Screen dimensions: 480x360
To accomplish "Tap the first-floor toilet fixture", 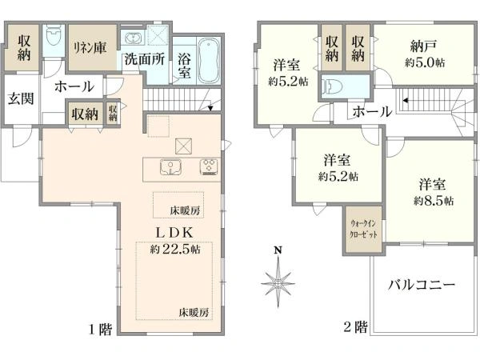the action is point(54,35).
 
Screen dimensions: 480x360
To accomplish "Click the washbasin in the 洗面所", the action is point(134,38).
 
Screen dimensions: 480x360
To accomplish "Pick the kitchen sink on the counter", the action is point(170,167).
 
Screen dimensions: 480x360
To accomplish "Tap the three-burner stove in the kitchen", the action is point(210,167).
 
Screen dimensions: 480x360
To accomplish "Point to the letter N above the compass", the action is point(278,250).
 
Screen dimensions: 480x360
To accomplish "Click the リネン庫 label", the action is point(90,48).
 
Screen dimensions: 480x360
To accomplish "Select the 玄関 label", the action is point(21,98).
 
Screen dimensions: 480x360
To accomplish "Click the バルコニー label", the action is point(422,285).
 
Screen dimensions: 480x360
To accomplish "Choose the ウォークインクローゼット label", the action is point(363,229).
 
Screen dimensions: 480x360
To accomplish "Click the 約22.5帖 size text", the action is point(175,250).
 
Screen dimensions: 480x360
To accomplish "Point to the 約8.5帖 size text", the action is point(434,201).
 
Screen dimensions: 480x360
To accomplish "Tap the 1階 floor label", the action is point(100,330).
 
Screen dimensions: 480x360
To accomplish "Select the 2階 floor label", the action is point(355,327).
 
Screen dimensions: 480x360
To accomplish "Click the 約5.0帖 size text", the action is point(425,62).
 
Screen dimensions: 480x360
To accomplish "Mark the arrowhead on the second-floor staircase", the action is point(406,101).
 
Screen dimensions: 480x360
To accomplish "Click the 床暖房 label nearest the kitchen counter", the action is point(185,210).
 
